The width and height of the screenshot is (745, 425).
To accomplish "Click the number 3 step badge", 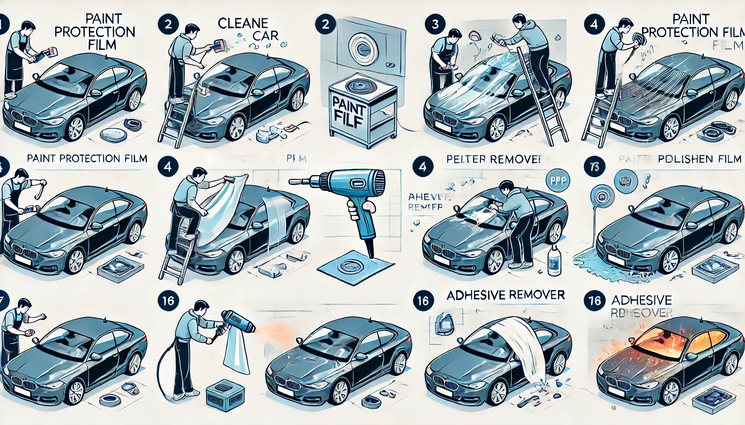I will (435, 24).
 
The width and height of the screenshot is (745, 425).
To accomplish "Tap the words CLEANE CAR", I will (248, 29).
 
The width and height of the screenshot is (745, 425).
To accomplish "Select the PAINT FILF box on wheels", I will (362, 110).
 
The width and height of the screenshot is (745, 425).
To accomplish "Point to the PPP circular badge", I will (558, 181).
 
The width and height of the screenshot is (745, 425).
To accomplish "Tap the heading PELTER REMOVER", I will (494, 159).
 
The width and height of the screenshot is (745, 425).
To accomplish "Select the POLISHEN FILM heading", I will (699, 159).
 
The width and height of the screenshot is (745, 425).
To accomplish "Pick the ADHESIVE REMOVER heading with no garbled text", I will (506, 295).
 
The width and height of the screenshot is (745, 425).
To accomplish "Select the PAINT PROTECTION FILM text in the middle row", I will (87, 159).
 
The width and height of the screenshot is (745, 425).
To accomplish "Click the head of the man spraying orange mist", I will (201, 308).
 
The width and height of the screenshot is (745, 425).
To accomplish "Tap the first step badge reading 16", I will (168, 300).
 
